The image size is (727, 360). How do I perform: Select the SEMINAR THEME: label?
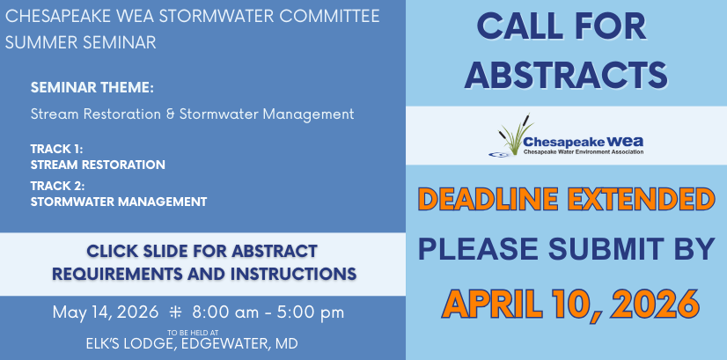tap(92, 88)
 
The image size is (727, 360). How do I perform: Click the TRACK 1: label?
tap(56, 150)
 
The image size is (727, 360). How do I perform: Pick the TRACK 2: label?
tap(57, 187)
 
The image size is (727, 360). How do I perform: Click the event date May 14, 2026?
tap(106, 312)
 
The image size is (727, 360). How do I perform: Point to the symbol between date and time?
tap(175, 312)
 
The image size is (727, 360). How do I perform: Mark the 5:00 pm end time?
tap(311, 312)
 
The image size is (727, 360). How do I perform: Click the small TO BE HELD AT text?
tap(193, 332)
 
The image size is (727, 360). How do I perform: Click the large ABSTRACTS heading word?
tap(566, 74)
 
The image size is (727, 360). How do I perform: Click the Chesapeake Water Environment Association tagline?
tap(584, 151)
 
